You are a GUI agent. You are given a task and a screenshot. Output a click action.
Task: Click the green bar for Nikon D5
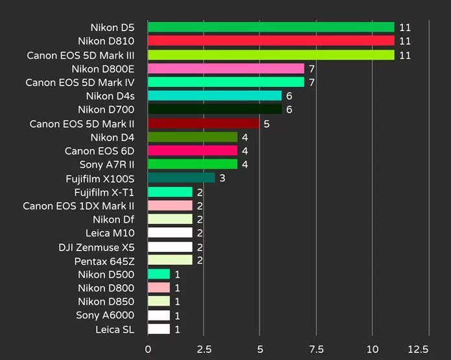[271, 27]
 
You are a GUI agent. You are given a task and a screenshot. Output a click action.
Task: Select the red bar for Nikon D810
[271, 41]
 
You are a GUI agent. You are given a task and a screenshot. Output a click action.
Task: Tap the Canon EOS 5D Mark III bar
[271, 55]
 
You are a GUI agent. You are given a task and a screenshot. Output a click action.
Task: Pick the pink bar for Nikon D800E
[225, 69]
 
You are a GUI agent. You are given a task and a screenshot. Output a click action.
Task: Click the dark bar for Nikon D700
[214, 109]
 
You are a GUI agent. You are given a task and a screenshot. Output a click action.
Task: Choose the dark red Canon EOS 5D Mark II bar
[203, 123]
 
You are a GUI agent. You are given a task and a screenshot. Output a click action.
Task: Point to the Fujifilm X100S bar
[181, 177]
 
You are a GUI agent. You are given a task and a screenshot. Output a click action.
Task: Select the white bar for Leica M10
[170, 232]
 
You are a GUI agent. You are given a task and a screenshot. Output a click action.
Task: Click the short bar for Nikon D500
[159, 274]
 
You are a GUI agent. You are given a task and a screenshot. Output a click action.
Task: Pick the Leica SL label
[119, 330]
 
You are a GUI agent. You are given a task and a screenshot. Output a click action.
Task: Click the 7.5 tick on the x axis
[316, 348]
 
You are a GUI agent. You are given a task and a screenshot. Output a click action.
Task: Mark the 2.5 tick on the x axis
[203, 348]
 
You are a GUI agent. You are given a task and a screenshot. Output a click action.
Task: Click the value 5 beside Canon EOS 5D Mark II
[266, 124]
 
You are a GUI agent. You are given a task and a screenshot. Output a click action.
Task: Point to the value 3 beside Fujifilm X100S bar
[222, 178]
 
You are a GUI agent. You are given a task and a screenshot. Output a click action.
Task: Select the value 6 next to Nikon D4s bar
[289, 96]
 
